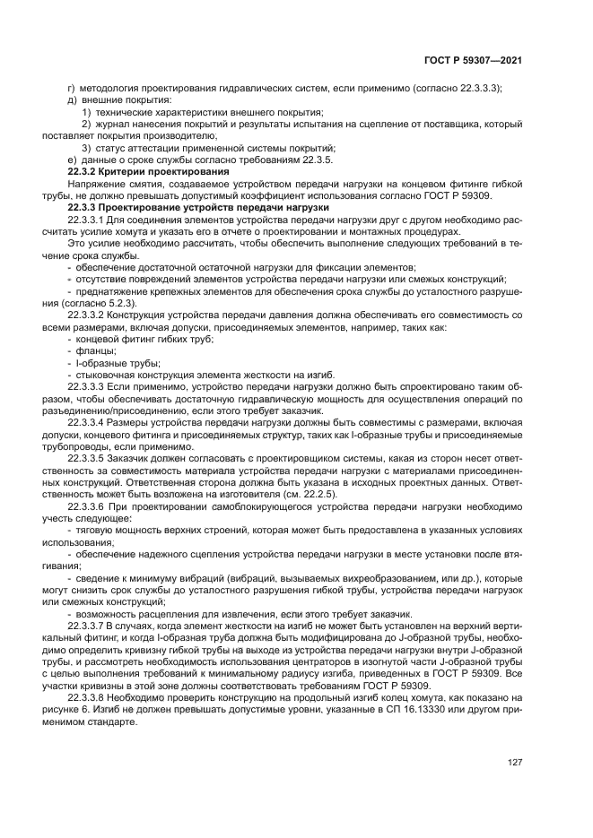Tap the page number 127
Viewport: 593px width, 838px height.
click(515, 763)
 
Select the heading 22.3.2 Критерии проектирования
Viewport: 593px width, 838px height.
click(148, 171)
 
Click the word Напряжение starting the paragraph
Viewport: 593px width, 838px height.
click(96, 183)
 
